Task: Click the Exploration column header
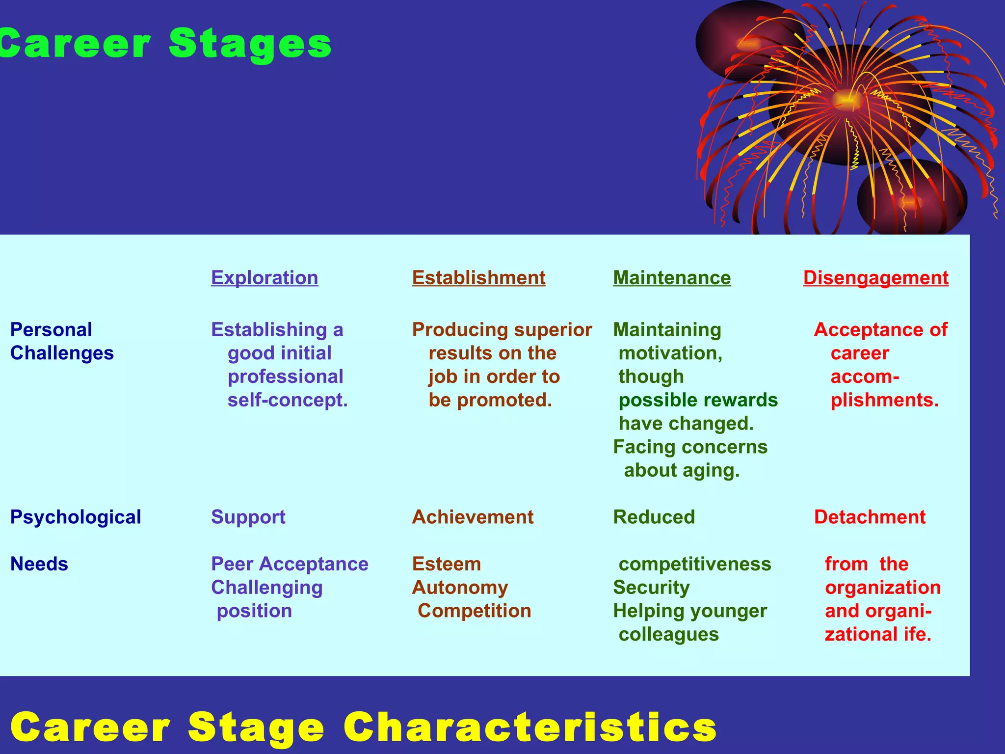pyautogui.click(x=264, y=278)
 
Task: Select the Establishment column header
pyautogui.click(x=478, y=278)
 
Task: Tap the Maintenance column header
pyautogui.click(x=672, y=278)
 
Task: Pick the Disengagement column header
pyautogui.click(x=875, y=278)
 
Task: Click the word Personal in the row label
pyautogui.click(x=51, y=329)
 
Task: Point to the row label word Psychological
pyautogui.click(x=76, y=517)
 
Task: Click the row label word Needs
pyautogui.click(x=39, y=564)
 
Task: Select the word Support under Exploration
pyautogui.click(x=248, y=517)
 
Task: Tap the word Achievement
pyautogui.click(x=473, y=517)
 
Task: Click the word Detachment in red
pyautogui.click(x=870, y=517)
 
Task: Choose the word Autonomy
pyautogui.click(x=460, y=587)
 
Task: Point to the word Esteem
pyautogui.click(x=447, y=564)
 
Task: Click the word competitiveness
pyautogui.click(x=695, y=564)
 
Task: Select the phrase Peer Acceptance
pyautogui.click(x=290, y=564)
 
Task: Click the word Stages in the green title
pyautogui.click(x=250, y=44)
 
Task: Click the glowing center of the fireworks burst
pyautogui.click(x=846, y=100)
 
